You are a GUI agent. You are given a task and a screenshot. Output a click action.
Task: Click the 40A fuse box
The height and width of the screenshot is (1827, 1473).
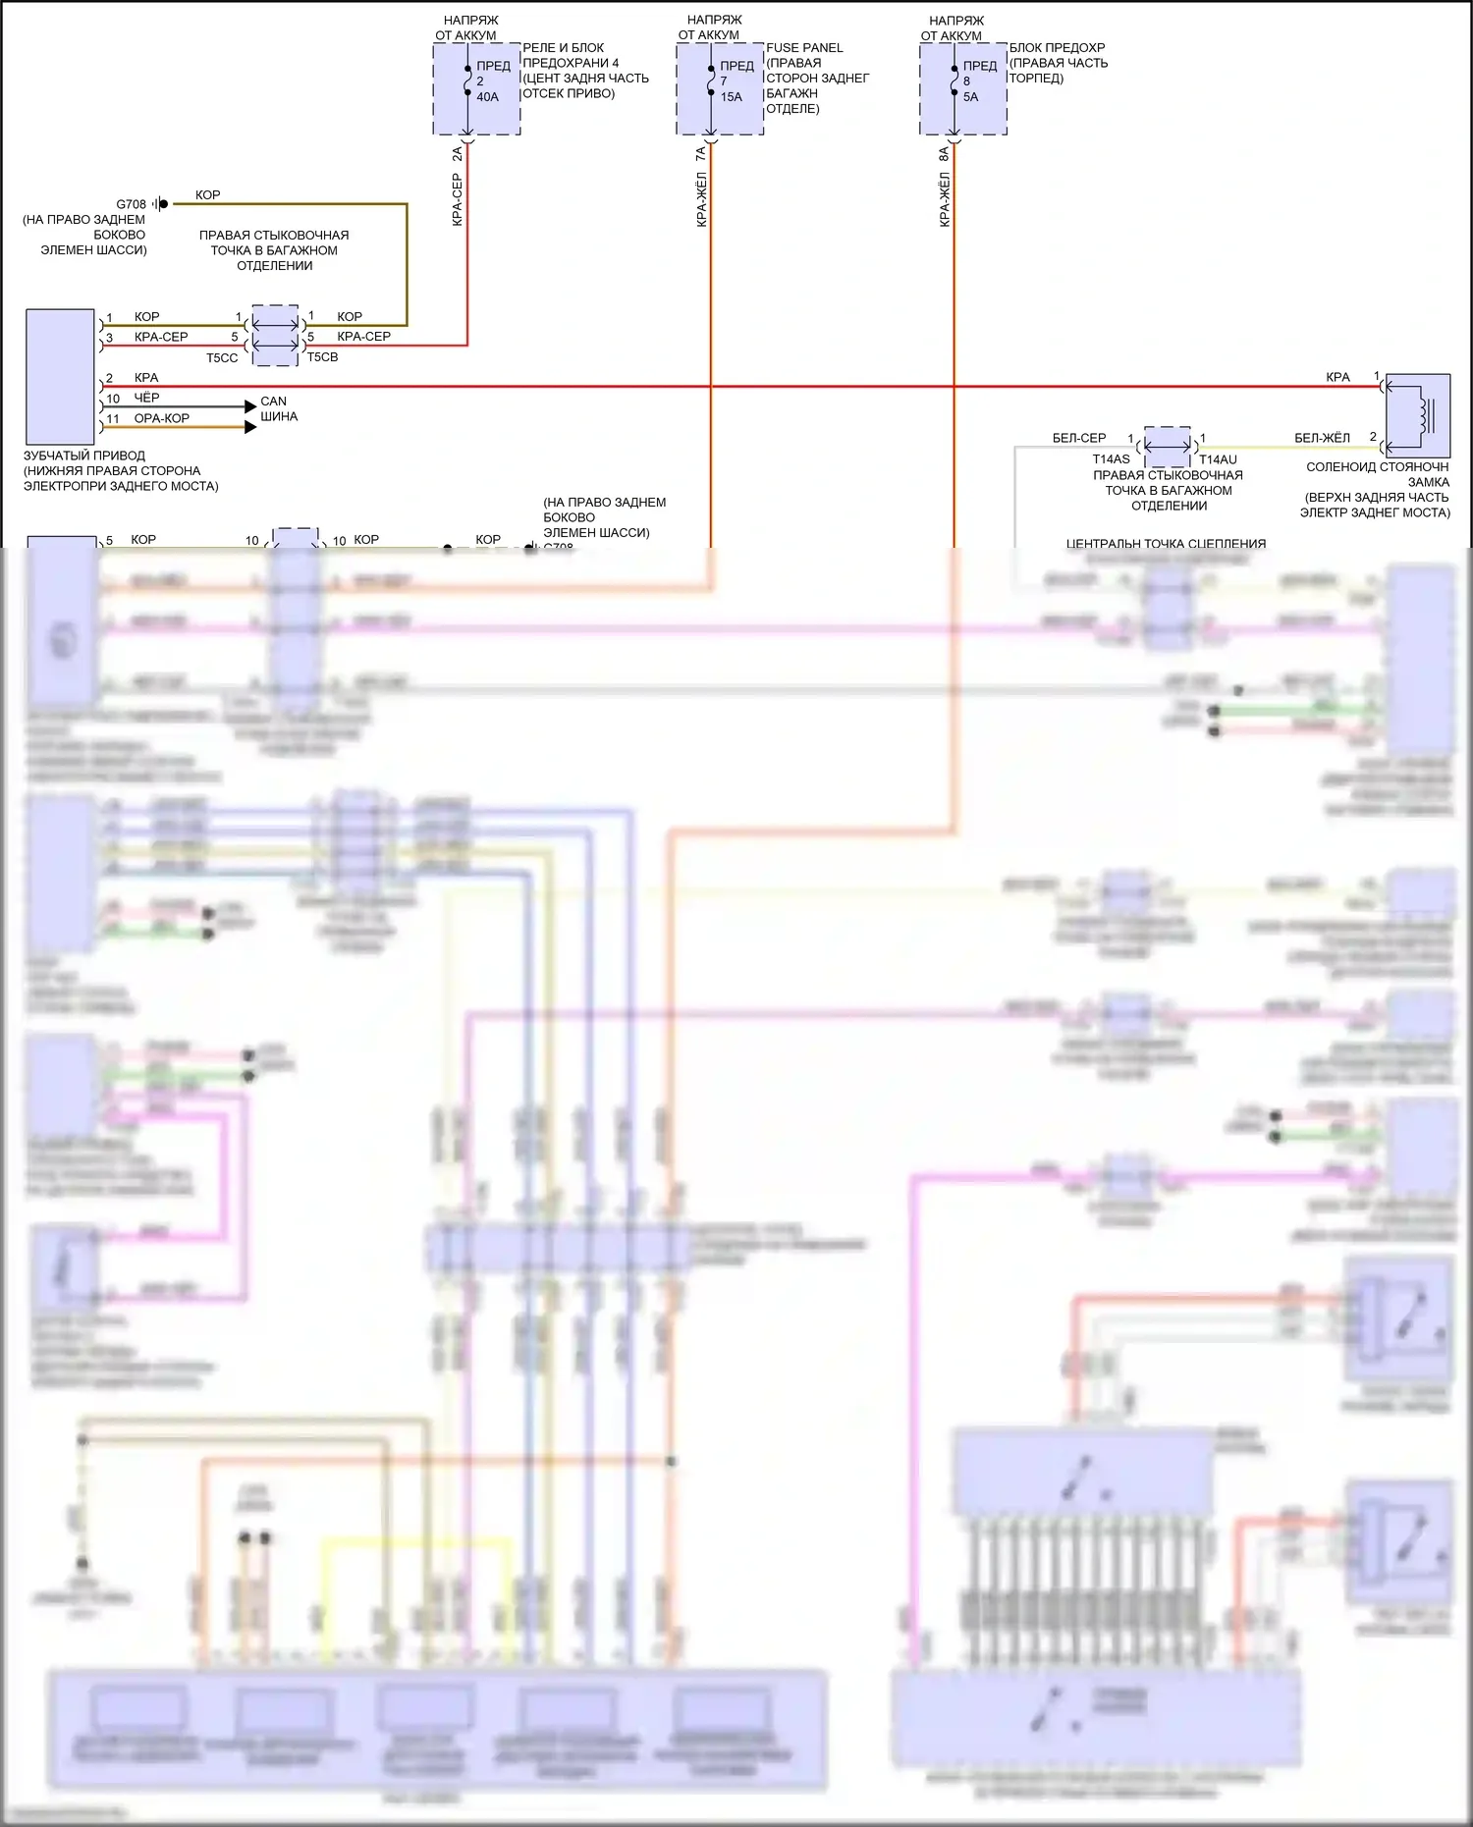tap(476, 88)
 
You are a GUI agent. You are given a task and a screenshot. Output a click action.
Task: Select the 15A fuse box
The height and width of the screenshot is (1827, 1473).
tap(720, 88)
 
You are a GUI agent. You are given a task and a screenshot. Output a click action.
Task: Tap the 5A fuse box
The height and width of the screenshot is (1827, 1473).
tap(963, 88)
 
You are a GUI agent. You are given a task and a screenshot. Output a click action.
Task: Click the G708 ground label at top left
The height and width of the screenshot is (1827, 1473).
tap(131, 204)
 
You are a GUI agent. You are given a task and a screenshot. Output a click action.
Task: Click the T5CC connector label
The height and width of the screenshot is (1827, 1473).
tap(222, 358)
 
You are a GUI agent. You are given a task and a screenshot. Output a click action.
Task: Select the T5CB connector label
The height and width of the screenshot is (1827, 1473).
tap(322, 357)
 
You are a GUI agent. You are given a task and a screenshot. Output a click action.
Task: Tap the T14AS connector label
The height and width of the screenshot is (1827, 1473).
tap(1111, 459)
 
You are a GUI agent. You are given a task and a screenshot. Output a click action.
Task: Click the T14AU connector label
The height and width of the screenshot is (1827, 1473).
tap(1218, 459)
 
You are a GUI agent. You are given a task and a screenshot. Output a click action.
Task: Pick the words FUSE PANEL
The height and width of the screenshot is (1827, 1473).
tap(804, 47)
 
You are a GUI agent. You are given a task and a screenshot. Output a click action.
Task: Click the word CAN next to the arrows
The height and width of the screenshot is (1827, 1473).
tap(273, 402)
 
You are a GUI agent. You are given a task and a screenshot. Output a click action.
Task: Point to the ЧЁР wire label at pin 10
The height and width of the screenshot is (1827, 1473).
tap(146, 398)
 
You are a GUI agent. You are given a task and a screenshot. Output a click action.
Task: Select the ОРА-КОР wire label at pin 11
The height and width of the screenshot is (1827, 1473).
tap(162, 418)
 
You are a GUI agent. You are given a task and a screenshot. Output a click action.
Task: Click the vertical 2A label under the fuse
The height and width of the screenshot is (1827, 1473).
tap(457, 155)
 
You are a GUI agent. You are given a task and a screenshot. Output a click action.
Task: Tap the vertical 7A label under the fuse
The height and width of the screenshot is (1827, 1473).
tap(700, 155)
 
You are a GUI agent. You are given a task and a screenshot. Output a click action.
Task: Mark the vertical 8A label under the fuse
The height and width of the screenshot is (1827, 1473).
tap(944, 155)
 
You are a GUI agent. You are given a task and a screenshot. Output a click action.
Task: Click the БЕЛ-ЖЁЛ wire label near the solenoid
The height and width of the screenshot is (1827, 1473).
tap(1322, 438)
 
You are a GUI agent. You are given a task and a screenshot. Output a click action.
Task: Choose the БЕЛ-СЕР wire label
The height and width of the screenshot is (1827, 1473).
tap(1078, 438)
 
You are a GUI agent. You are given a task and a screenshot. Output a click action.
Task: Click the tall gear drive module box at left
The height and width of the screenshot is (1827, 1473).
tap(60, 377)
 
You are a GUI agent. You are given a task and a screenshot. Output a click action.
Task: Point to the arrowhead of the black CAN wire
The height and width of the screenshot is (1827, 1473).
tap(250, 406)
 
